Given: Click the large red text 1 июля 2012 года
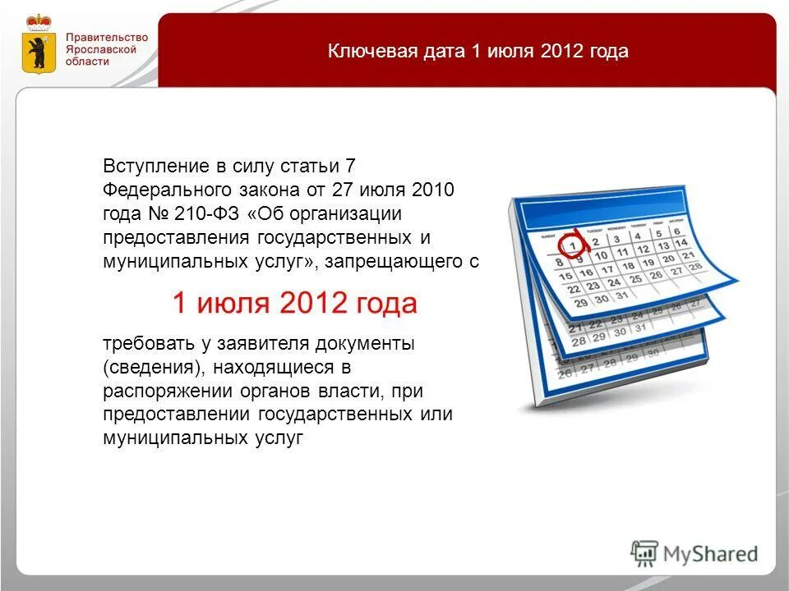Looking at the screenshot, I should (294, 305).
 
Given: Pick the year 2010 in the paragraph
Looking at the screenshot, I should (434, 190).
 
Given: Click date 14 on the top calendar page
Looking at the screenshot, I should (681, 244).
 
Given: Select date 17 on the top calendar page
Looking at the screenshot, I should (607, 269).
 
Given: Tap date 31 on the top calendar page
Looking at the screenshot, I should (622, 296).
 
